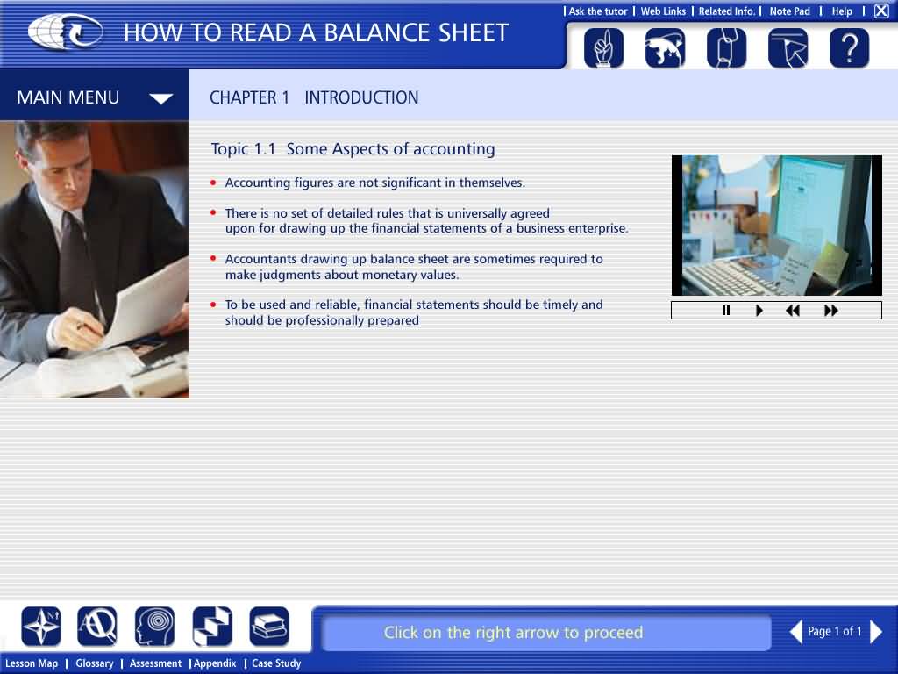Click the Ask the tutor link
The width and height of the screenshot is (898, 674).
pyautogui.click(x=598, y=11)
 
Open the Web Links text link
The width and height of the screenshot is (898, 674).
pyautogui.click(x=663, y=11)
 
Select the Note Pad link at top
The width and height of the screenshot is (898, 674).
pyautogui.click(x=790, y=11)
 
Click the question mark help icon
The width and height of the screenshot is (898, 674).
pyautogui.click(x=849, y=48)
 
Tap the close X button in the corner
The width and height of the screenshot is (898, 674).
pyautogui.click(x=881, y=11)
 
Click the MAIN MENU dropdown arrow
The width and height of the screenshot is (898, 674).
pyautogui.click(x=161, y=98)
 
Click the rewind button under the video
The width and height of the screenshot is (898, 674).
pyautogui.click(x=793, y=311)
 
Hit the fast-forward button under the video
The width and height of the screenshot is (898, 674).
pyautogui.click(x=831, y=311)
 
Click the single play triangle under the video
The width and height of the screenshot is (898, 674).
pyautogui.click(x=759, y=311)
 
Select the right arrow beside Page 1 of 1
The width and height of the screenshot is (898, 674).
pyautogui.click(x=876, y=632)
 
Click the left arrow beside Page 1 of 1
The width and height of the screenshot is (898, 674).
pyautogui.click(x=796, y=632)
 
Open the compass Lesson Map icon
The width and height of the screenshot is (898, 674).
pyautogui.click(x=40, y=627)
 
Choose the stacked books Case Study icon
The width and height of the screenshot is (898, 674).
pyautogui.click(x=269, y=627)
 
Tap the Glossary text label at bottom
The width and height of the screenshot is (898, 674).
pyautogui.click(x=95, y=663)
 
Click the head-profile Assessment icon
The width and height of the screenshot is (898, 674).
pyautogui.click(x=155, y=627)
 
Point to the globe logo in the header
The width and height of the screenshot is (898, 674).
pyautogui.click(x=65, y=32)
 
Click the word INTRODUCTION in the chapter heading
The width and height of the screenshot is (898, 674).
pyautogui.click(x=361, y=97)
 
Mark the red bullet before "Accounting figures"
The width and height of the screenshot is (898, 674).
pyautogui.click(x=214, y=183)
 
